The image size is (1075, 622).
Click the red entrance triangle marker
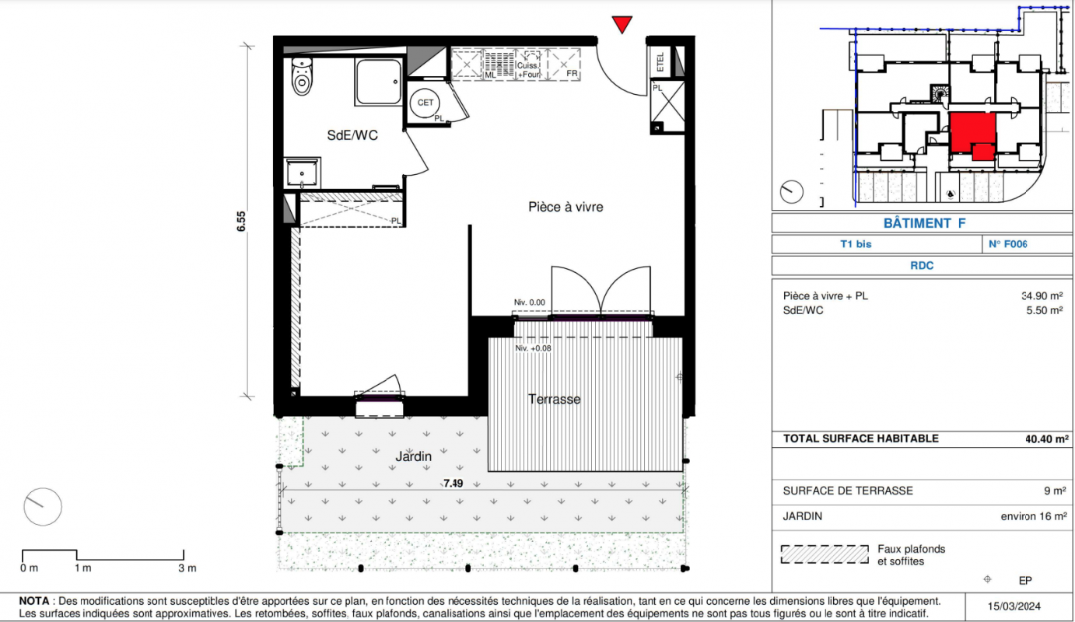622,24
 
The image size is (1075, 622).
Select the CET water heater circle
425,103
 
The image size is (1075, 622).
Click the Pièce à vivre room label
566,207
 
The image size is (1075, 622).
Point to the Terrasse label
555,399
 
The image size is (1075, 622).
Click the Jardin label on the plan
413,456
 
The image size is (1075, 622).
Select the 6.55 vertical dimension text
241,222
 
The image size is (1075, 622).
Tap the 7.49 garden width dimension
453,484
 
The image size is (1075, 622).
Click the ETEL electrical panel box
660,61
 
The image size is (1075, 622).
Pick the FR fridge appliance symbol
565,65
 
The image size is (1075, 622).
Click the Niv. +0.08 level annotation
533,348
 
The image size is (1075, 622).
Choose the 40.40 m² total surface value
1047,439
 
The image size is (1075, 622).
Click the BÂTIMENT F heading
924,223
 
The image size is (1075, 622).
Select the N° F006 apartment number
1008,244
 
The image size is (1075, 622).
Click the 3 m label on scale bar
187,568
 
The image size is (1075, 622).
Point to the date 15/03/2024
1014,606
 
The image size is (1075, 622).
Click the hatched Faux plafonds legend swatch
825,554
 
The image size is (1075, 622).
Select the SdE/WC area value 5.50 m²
1045,310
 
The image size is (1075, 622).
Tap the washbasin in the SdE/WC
302,173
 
